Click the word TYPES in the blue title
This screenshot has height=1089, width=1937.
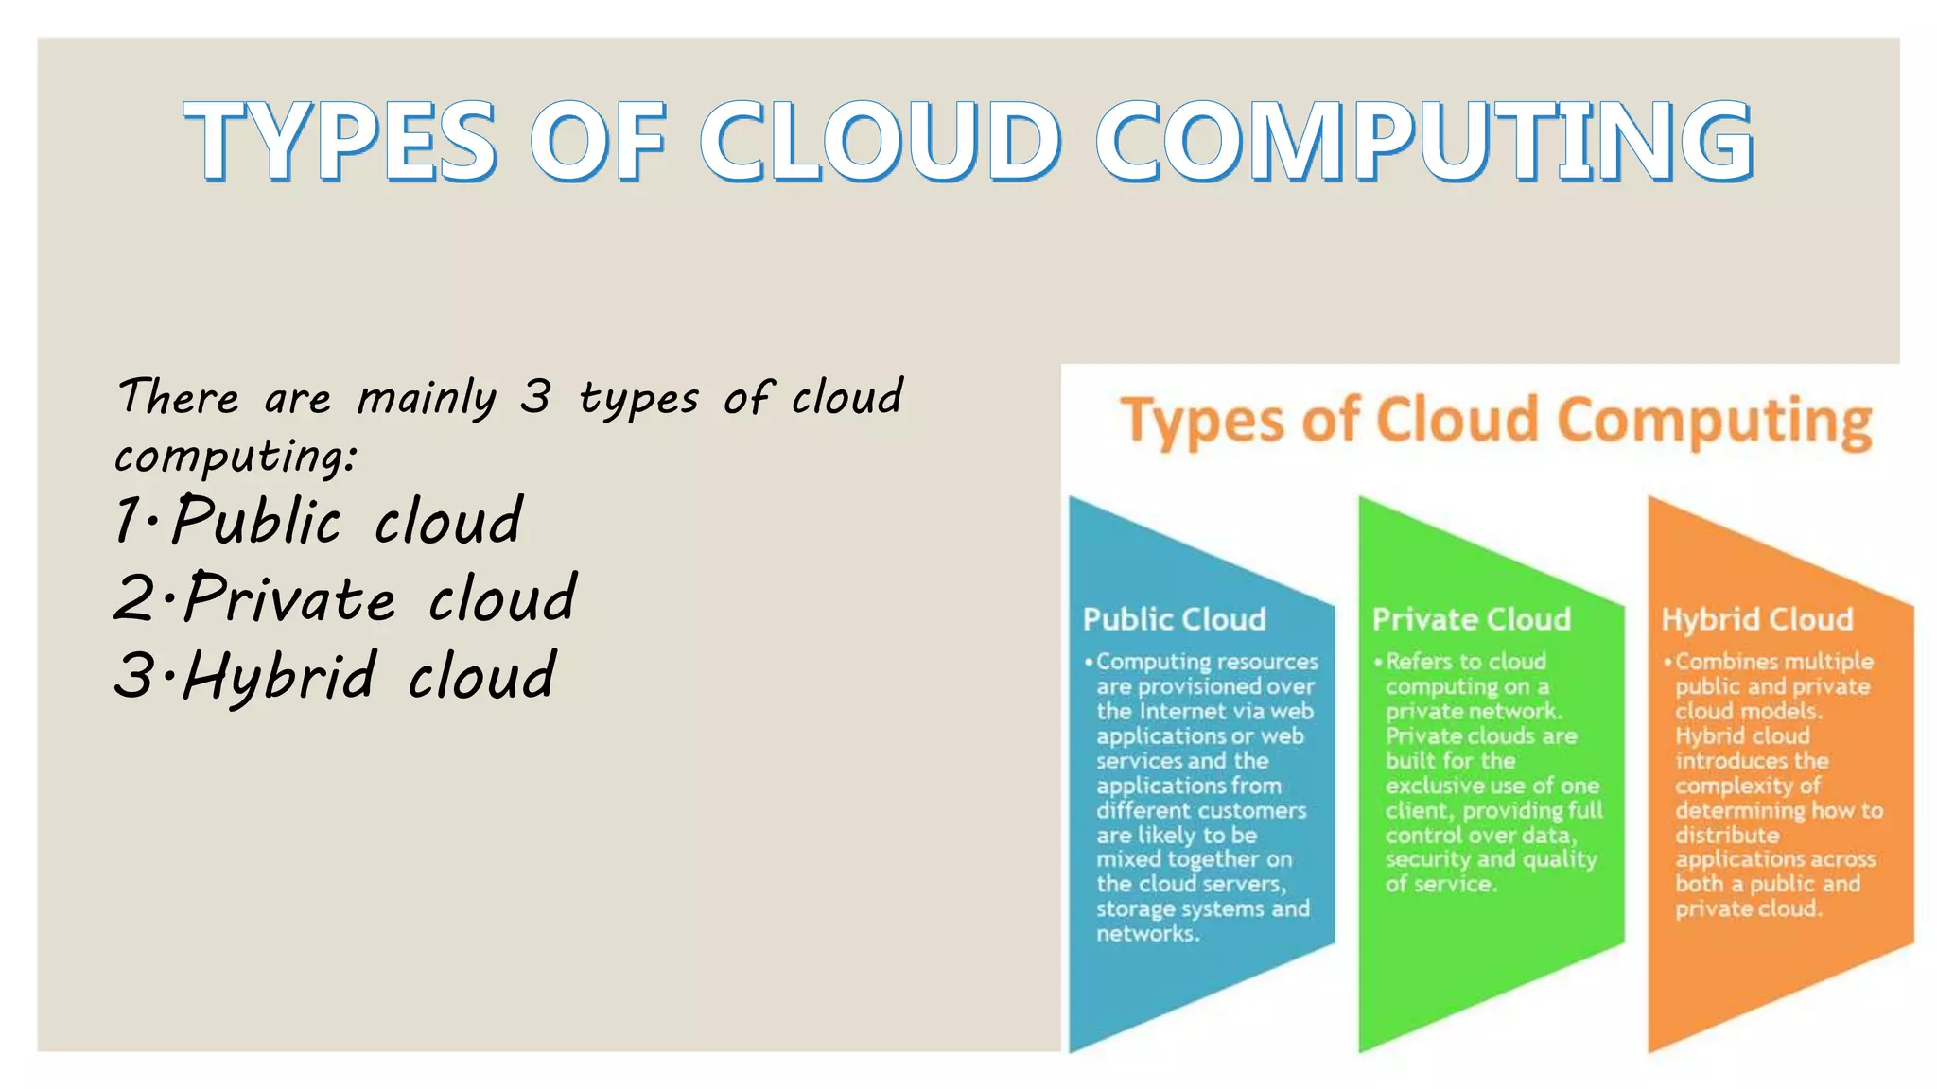coord(340,141)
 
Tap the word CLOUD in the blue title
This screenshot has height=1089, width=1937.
coord(880,141)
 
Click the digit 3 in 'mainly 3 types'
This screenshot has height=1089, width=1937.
coord(535,396)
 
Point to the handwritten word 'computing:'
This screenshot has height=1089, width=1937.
coord(236,457)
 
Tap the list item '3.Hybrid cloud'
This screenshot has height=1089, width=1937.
coord(335,676)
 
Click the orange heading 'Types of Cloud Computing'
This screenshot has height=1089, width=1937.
coord(1495,422)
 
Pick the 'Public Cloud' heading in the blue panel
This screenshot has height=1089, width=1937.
coord(1174,619)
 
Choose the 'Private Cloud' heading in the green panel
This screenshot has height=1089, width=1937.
coord(1471,619)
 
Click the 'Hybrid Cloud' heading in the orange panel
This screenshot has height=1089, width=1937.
coord(1756,619)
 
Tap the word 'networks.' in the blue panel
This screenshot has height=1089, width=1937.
coord(1147,934)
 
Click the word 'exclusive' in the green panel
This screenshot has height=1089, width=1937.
coord(1432,786)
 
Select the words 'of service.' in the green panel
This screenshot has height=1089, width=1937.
coord(1440,885)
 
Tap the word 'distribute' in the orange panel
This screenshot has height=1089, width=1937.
coord(1727,836)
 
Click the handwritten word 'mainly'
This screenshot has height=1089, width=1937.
coord(427,398)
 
